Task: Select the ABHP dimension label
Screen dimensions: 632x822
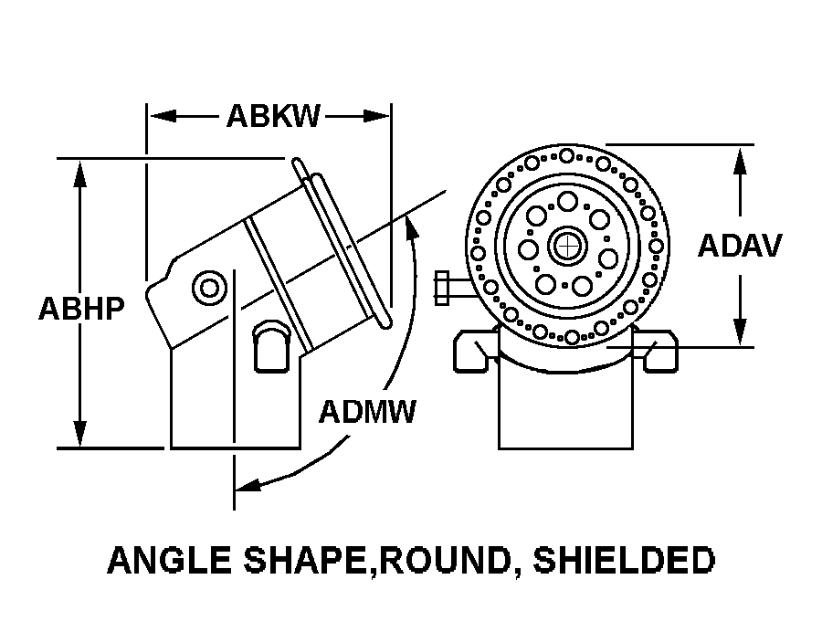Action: (x=80, y=309)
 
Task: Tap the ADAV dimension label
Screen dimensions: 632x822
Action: (x=740, y=246)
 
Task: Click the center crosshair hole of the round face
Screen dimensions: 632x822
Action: (x=567, y=246)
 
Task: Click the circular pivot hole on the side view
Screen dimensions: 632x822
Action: (x=210, y=290)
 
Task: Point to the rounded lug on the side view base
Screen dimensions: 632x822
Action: (x=270, y=346)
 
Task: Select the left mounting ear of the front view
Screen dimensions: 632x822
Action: (x=476, y=351)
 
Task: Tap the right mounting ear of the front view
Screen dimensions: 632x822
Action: (x=660, y=351)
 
